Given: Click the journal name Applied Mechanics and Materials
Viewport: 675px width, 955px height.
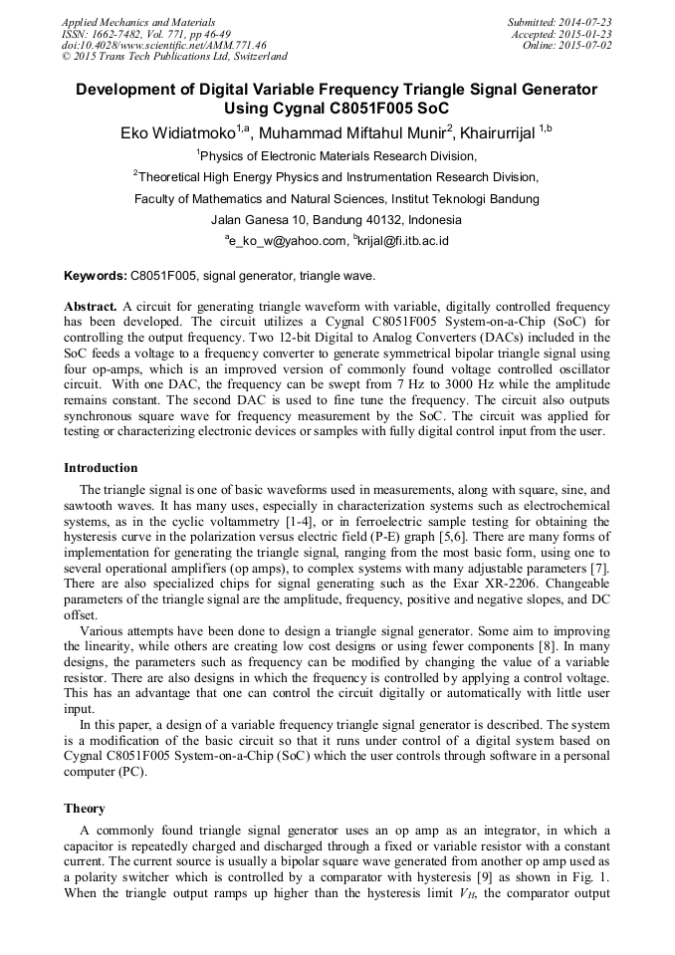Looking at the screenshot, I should point(138,22).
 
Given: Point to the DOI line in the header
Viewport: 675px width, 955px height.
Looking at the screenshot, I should point(163,46).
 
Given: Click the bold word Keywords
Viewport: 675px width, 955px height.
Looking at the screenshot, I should point(95,275).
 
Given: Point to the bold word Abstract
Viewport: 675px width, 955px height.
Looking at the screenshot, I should point(91,307).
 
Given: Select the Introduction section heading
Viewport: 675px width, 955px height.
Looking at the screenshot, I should point(101,468).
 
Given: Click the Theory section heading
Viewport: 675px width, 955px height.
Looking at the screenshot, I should point(85,809).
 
